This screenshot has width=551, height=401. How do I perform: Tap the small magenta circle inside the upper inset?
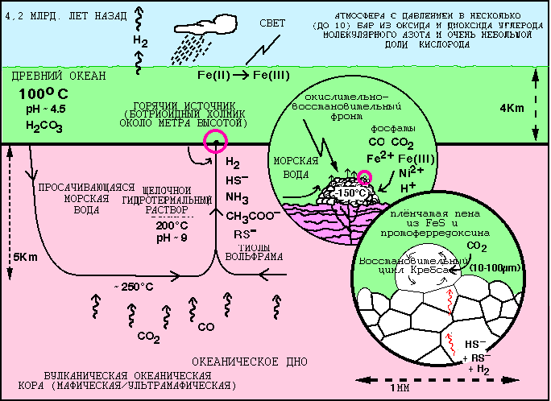tap(366, 177)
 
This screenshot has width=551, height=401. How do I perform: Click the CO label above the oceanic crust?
tap(205, 327)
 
